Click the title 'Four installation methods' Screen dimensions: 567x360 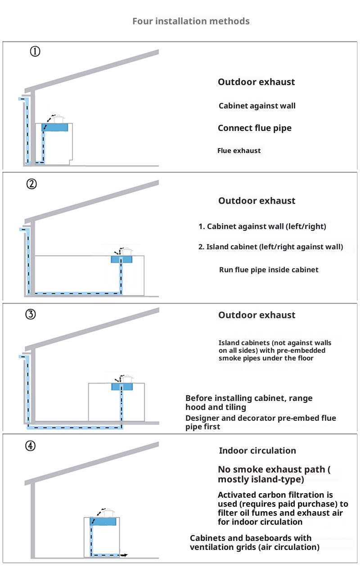191,21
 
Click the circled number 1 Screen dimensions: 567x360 35,51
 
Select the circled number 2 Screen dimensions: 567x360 31,184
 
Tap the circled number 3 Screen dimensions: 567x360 30,315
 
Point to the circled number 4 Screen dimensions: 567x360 30,446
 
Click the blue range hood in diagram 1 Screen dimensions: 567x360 55,127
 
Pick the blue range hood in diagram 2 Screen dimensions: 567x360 121,260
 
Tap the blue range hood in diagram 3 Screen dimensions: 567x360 121,387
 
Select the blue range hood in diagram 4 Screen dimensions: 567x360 103,522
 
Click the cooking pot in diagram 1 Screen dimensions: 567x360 58,118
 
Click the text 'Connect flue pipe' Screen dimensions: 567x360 255,128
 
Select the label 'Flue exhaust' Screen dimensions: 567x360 239,151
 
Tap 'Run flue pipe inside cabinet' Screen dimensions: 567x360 269,270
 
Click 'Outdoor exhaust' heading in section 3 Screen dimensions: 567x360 257,315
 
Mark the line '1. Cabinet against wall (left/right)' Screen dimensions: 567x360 262,226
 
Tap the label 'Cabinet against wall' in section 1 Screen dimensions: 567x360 257,106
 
